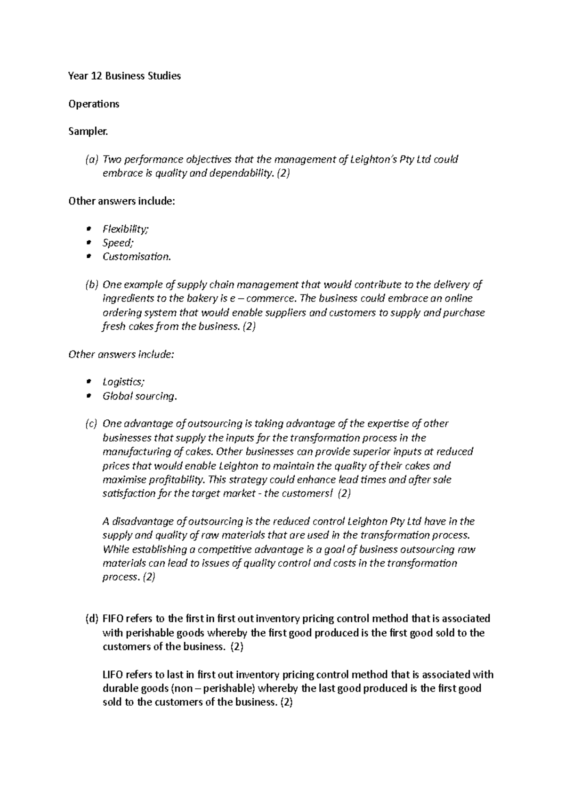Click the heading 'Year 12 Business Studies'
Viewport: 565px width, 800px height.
point(124,76)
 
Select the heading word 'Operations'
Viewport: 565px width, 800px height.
point(94,104)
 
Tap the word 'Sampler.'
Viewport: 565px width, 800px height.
point(88,131)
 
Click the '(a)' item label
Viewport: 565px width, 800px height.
point(91,160)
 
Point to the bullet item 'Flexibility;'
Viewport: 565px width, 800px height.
point(125,229)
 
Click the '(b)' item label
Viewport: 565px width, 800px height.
point(91,285)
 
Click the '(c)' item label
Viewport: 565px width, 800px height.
point(91,424)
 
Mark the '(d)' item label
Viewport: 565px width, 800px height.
point(92,619)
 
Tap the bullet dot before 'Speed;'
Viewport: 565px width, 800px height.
point(88,243)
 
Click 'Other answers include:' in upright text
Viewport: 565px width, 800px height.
point(121,202)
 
